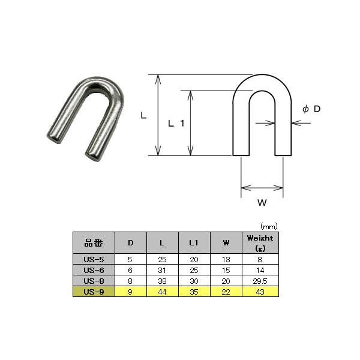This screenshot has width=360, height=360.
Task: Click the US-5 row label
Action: pos(94,259)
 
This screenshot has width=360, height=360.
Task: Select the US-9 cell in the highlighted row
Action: pos(94,292)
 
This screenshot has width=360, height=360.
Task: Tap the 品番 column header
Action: pos(94,242)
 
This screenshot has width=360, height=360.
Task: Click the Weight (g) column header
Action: pos(260,243)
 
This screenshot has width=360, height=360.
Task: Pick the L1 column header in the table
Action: pos(194,243)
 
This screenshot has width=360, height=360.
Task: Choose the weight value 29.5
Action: pos(260,281)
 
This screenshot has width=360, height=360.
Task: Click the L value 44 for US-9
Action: pos(162,292)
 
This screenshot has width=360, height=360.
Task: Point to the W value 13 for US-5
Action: pos(226,259)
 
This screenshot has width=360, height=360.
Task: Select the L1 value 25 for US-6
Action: pos(194,270)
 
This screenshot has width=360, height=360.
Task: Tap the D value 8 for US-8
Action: pos(130,281)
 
